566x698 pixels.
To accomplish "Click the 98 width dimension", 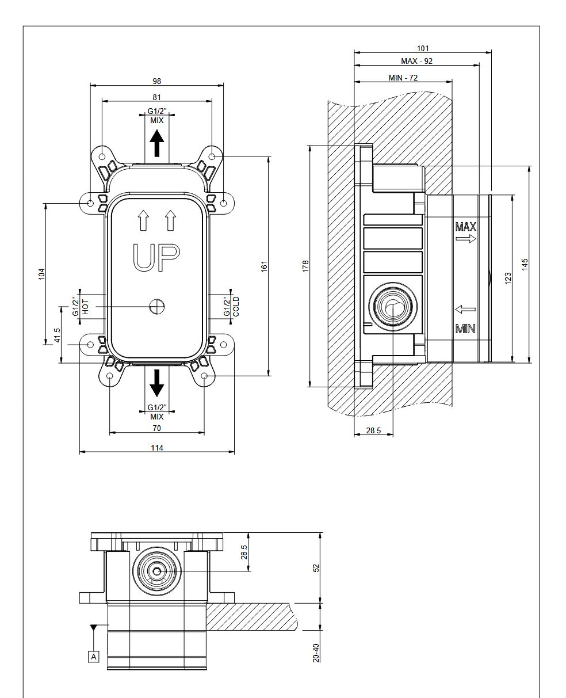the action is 157,81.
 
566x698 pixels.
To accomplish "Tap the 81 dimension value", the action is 157,97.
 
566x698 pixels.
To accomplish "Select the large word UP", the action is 156,258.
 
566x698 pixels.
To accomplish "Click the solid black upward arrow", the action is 157,143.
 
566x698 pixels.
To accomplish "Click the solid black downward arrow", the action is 157,383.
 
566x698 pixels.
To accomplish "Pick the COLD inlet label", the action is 236,307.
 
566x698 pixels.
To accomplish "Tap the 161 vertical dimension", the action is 265,266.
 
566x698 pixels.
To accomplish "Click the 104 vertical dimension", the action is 41,274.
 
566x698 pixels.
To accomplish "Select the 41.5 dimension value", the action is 58,335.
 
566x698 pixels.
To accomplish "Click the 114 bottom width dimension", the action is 157,448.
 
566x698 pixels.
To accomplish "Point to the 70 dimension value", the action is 157,428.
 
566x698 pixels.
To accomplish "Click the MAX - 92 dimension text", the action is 416,61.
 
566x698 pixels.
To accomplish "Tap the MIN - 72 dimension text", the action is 403,78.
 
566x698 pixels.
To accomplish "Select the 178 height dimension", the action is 305,266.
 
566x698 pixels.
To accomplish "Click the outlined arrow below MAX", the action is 466,238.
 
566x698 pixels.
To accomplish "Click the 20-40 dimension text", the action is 316,653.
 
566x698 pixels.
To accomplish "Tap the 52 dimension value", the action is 316,568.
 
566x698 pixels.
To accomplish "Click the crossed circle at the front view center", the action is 157,307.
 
